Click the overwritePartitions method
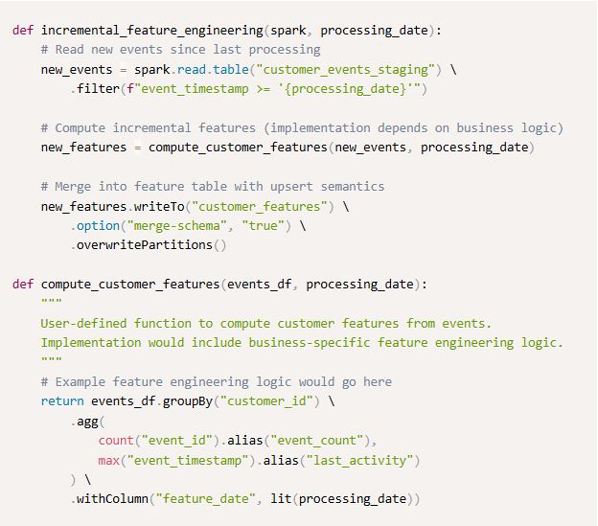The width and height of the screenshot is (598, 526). click(143, 244)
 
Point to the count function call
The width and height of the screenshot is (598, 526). click(114, 441)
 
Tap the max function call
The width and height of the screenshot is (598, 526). click(108, 460)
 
